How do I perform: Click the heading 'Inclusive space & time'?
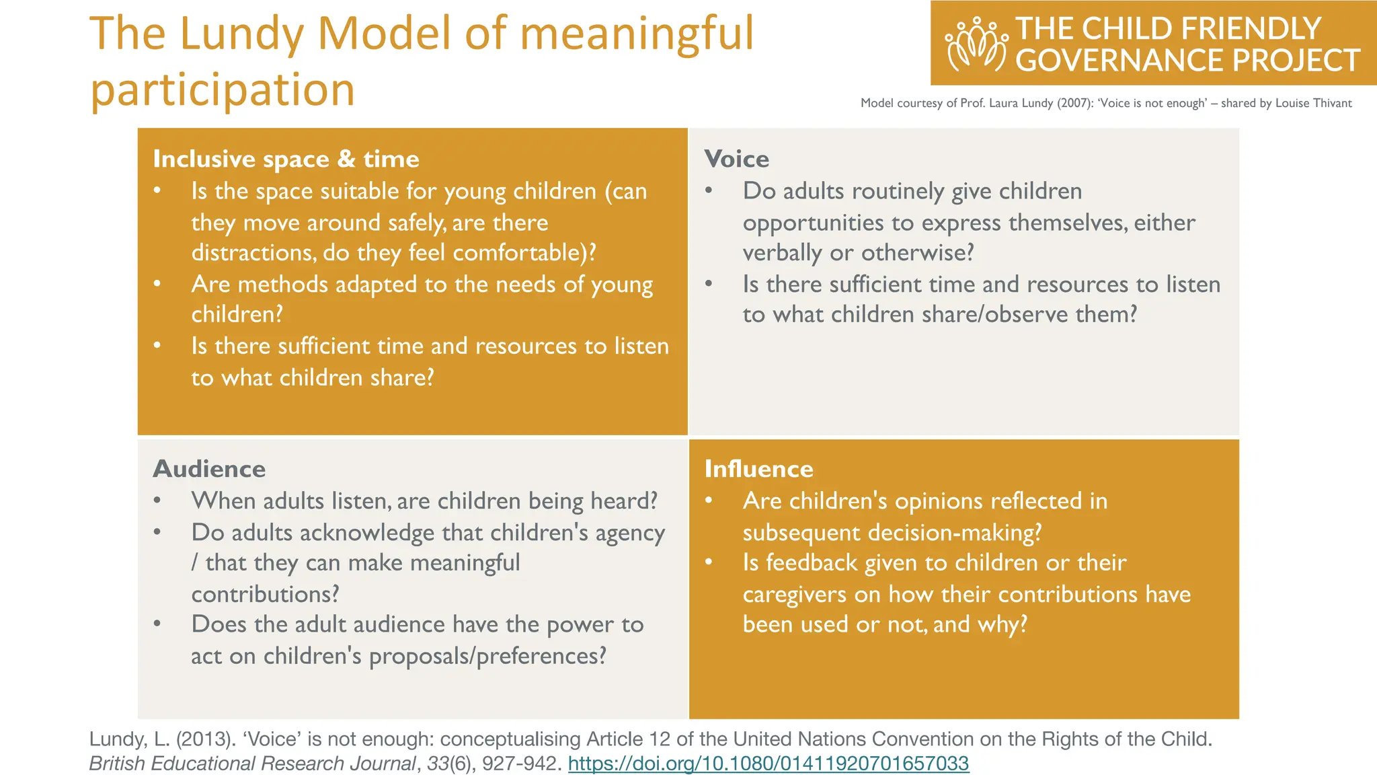point(286,159)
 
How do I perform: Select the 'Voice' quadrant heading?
point(736,159)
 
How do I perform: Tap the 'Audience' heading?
point(209,469)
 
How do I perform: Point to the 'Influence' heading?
point(758,469)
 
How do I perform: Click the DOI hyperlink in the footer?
point(769,764)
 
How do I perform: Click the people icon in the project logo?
point(976,44)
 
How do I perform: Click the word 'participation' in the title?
point(223,89)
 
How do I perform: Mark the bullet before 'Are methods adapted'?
point(157,284)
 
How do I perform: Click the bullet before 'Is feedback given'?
point(709,562)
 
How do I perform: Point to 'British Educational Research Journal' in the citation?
point(253,764)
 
